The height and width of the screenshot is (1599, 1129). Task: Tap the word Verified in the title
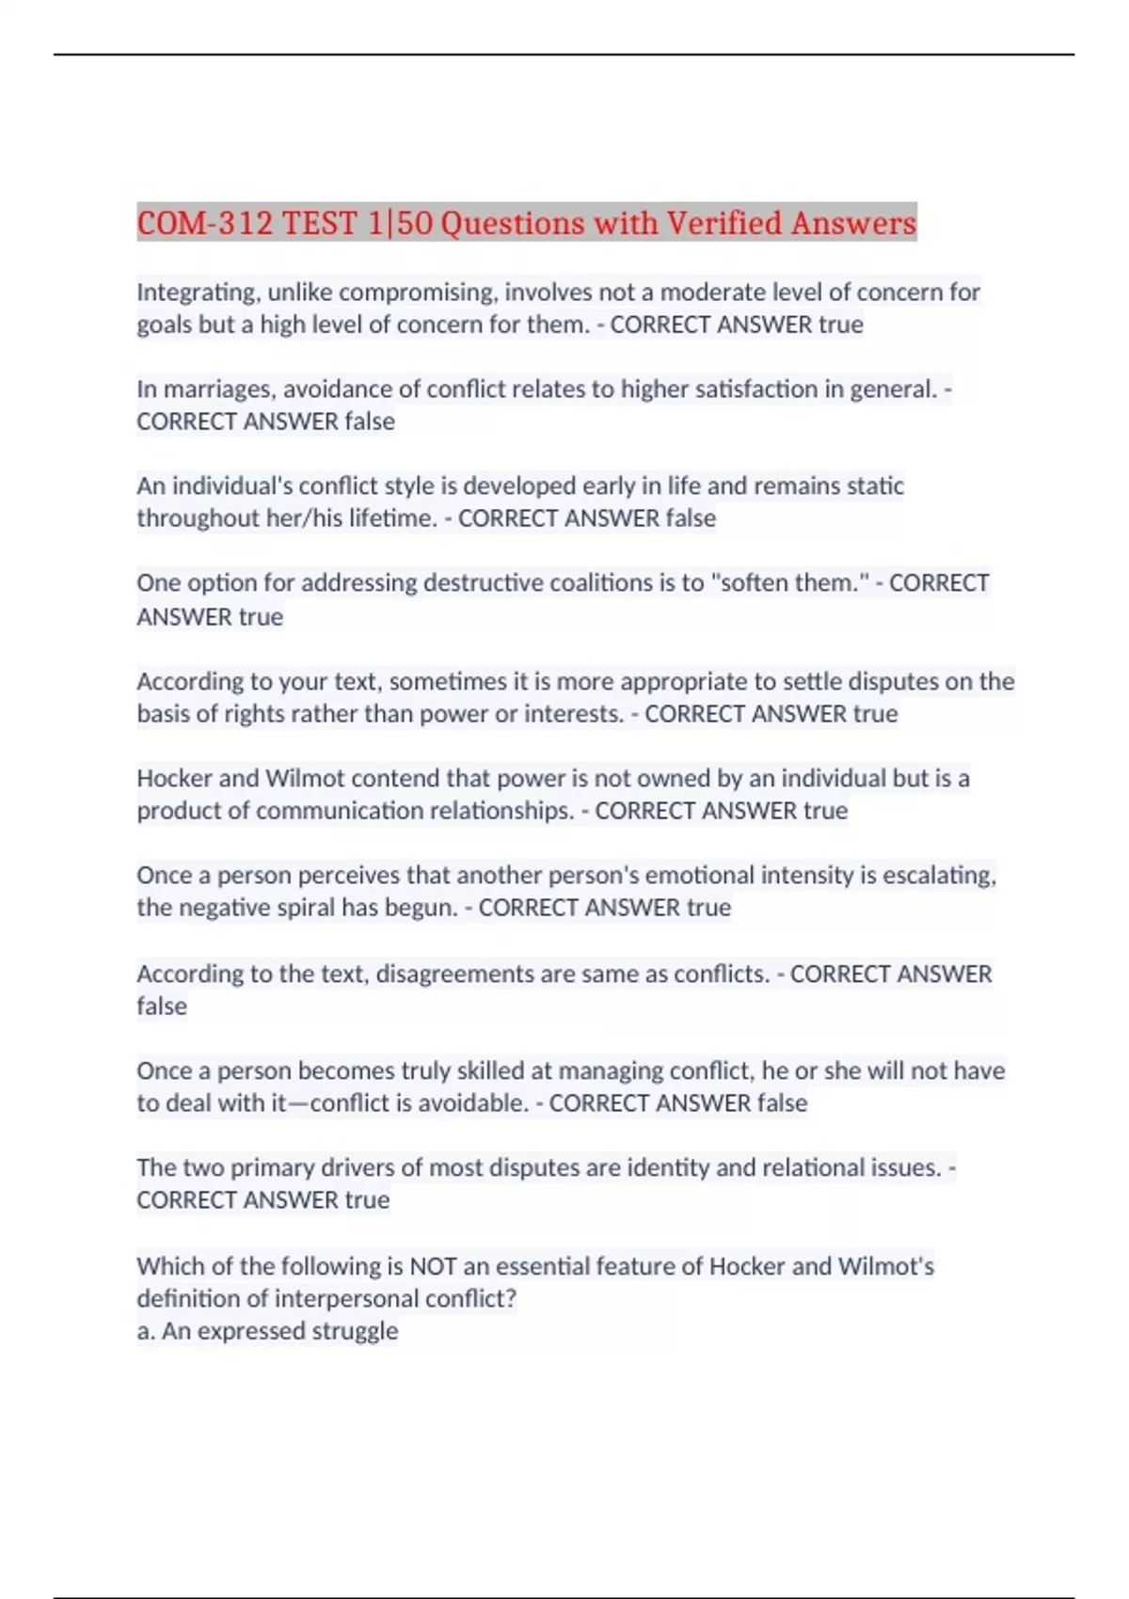(x=724, y=224)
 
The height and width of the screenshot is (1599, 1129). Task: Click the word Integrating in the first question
(x=198, y=293)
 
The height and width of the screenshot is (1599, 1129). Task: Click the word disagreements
(x=454, y=974)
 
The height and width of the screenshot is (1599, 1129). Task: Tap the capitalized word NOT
(x=434, y=1266)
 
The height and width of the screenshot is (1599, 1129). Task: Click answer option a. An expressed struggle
(x=267, y=1331)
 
